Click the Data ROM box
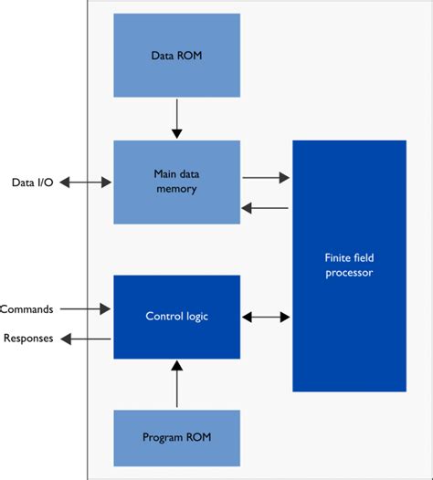click(176, 55)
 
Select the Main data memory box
click(176, 182)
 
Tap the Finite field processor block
click(349, 266)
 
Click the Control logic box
click(176, 317)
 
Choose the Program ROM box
click(176, 437)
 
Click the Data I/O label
click(33, 183)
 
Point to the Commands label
click(26, 309)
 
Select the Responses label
click(27, 339)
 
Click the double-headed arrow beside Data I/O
click(84, 183)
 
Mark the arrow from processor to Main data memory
click(266, 208)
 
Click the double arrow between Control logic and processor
click(266, 318)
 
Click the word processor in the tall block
click(349, 273)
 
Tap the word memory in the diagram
click(176, 189)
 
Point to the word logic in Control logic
click(194, 317)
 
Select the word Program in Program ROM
click(162, 437)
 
